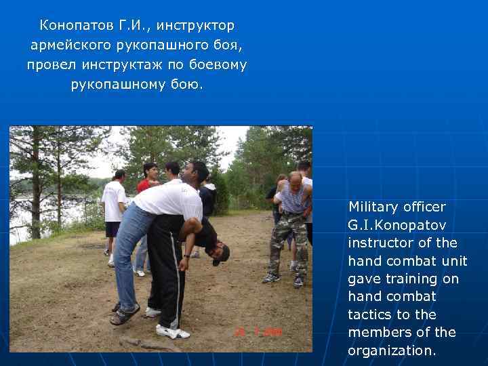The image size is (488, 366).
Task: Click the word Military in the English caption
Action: pos(374,206)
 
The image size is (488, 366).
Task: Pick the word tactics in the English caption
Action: pos(368,314)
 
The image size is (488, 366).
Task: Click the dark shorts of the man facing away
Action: pos(113,229)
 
